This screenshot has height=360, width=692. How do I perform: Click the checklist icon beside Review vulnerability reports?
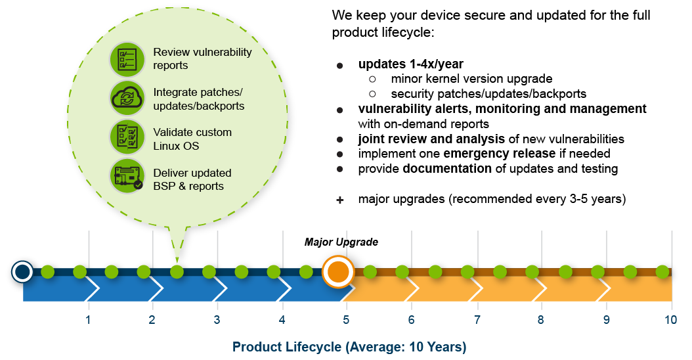click(x=127, y=58)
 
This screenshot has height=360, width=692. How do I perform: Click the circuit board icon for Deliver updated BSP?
click(x=127, y=177)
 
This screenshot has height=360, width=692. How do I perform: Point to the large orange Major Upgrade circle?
click(x=337, y=272)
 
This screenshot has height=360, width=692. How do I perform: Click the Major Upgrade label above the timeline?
click(x=341, y=242)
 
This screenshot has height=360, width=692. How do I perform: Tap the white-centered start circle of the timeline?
click(x=22, y=271)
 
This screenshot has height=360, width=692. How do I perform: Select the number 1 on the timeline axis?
click(x=87, y=320)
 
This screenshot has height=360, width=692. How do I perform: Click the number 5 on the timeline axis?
click(x=346, y=320)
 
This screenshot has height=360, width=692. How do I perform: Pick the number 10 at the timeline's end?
click(x=670, y=320)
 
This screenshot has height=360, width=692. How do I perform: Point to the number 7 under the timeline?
click(x=477, y=320)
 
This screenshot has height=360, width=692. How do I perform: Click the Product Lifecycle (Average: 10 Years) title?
click(x=349, y=347)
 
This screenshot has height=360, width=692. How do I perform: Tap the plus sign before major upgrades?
click(x=339, y=200)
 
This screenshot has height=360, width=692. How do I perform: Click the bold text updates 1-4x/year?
click(x=410, y=64)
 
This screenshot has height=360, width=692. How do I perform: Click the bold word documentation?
click(x=446, y=169)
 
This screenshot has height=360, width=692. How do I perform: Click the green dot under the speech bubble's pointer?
click(x=177, y=271)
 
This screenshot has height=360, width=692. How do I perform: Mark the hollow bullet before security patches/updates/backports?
click(x=372, y=94)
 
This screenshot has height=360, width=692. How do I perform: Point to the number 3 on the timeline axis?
click(x=217, y=320)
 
